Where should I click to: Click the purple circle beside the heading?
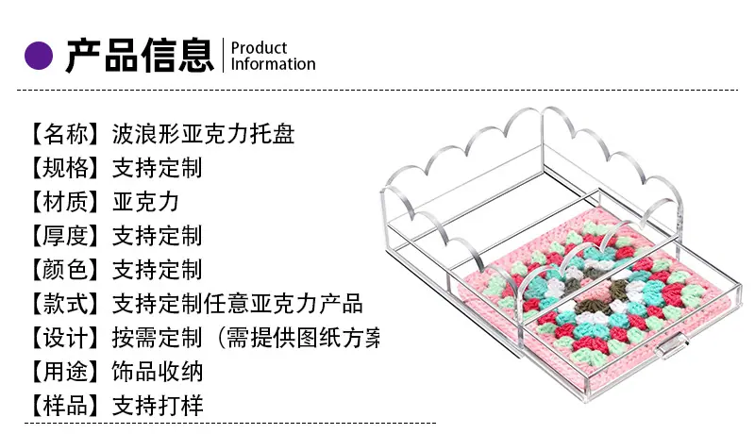[x=39, y=56]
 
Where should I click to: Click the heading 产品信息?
[x=140, y=56]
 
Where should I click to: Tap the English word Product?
[x=259, y=48]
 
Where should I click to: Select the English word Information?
[x=273, y=64]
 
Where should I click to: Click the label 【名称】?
[x=65, y=134]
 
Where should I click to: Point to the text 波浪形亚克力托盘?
[x=203, y=134]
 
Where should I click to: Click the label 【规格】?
[x=65, y=168]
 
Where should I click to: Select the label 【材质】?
[x=65, y=202]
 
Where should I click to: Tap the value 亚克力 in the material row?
[x=146, y=202]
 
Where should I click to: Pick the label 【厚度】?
[x=65, y=236]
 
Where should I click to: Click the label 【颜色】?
[x=65, y=270]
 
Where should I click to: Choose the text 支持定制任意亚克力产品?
[x=238, y=304]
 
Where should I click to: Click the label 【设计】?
[x=65, y=338]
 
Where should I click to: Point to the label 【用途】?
[x=65, y=372]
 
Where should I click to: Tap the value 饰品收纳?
[x=158, y=372]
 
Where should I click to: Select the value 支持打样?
[x=158, y=406]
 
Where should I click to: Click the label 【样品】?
[x=65, y=406]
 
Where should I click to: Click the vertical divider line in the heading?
[x=224, y=56]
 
